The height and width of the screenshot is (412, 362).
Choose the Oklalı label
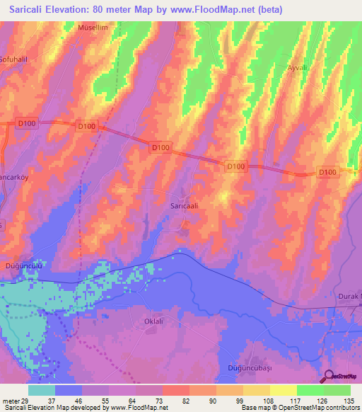click(x=153, y=321)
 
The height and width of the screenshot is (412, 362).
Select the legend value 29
click(x=26, y=400)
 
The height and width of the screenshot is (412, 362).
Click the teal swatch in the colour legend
click(x=42, y=390)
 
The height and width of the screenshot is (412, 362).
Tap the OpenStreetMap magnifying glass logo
click(x=327, y=377)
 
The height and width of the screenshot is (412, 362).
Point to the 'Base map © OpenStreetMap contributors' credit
click(x=298, y=408)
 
